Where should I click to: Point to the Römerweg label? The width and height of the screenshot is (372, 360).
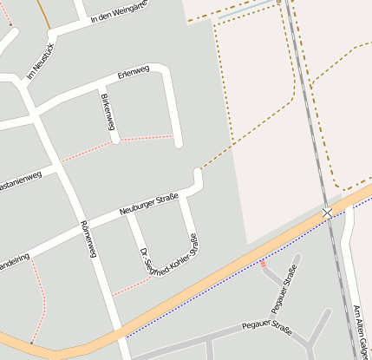click(x=87, y=239)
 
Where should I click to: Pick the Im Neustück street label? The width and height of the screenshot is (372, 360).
click(x=41, y=62)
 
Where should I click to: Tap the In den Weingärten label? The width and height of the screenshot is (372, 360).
click(x=119, y=15)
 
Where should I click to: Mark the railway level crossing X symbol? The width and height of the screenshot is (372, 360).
click(x=327, y=213)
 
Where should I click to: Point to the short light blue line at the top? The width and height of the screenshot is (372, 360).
click(x=244, y=12)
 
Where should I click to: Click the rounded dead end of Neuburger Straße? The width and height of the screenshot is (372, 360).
click(x=198, y=176)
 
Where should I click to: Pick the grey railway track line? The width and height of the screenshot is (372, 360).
click(x=308, y=113)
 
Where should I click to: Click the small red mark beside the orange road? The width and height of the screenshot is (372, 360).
click(x=263, y=265)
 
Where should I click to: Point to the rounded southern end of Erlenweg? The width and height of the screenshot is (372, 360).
click(x=178, y=141)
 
